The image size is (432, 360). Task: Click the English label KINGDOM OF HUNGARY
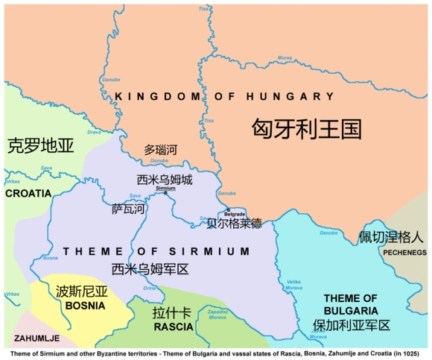coord(224,97)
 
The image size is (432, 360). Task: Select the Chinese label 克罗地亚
coord(41,145)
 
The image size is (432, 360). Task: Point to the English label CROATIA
coord(28,193)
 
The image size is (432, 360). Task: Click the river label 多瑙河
coord(161,150)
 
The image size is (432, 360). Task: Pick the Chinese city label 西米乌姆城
coord(165,179)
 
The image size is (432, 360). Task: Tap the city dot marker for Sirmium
coord(165,193)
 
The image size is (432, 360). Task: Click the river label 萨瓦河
coord(128,209)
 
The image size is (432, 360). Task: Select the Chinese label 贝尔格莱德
coord(235,223)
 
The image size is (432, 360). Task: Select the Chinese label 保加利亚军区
coord(351,325)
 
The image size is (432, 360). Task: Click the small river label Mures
coord(285,57)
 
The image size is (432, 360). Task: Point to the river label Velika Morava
coord(295,285)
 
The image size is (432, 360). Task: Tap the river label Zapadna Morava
coord(217,314)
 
